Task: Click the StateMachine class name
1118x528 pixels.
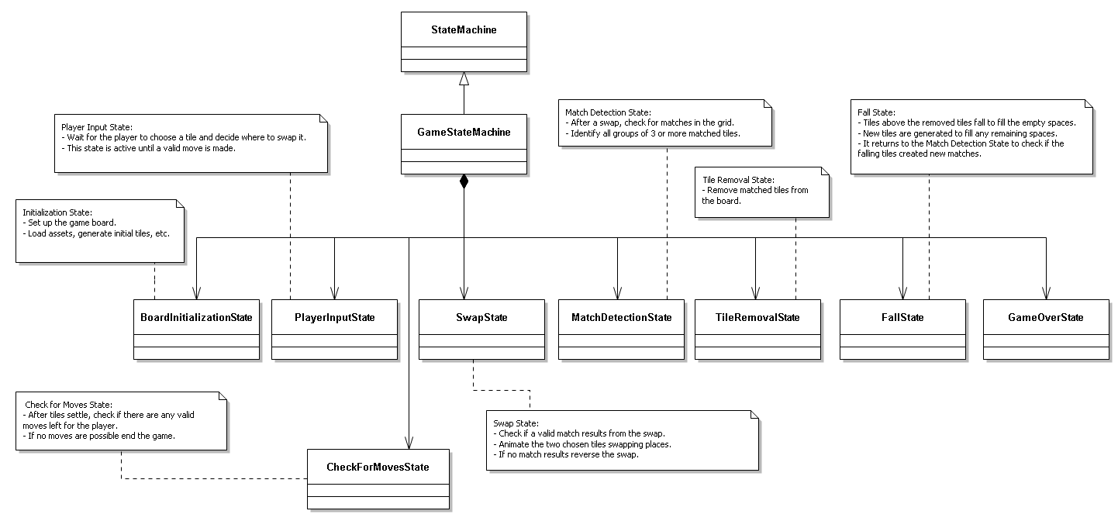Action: [x=464, y=30]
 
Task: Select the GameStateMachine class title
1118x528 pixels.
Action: [x=464, y=132]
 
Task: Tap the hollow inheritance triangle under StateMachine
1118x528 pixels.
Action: [x=464, y=78]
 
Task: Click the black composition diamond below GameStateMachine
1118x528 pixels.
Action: [x=464, y=182]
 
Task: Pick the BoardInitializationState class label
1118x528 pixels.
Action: [x=197, y=317]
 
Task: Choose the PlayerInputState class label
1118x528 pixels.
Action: [x=334, y=317]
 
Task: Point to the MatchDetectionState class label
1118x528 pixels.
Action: [x=621, y=317]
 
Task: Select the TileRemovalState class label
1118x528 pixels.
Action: [x=757, y=317]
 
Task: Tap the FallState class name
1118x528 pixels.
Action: [x=903, y=317]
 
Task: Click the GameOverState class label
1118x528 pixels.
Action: [x=1046, y=317]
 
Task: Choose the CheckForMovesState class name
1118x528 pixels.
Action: [x=378, y=467]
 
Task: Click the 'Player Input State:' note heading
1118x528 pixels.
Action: [x=97, y=126]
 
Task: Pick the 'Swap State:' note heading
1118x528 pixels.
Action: [x=514, y=423]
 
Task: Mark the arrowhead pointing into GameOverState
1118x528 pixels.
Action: [x=1046, y=294]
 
